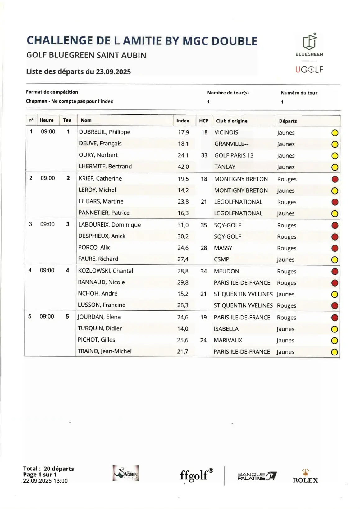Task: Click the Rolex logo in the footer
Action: click(x=305, y=476)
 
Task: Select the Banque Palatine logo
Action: click(x=257, y=476)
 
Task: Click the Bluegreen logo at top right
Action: click(x=309, y=45)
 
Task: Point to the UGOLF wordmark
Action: click(x=309, y=69)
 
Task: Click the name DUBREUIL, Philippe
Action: click(x=104, y=132)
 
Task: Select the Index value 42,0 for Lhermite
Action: click(x=183, y=167)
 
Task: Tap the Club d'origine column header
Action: click(x=232, y=121)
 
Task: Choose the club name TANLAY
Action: click(x=225, y=167)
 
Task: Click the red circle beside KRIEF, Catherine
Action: click(x=335, y=179)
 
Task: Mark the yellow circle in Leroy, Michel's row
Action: click(x=335, y=191)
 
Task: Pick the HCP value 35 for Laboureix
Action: click(x=204, y=225)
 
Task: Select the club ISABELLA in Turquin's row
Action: click(x=226, y=329)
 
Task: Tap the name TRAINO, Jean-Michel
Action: click(x=104, y=351)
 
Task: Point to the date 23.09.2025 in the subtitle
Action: click(x=113, y=72)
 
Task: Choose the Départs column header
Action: click(x=288, y=121)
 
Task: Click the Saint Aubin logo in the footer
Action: click(x=125, y=474)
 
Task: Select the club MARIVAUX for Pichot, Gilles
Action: click(x=228, y=340)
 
